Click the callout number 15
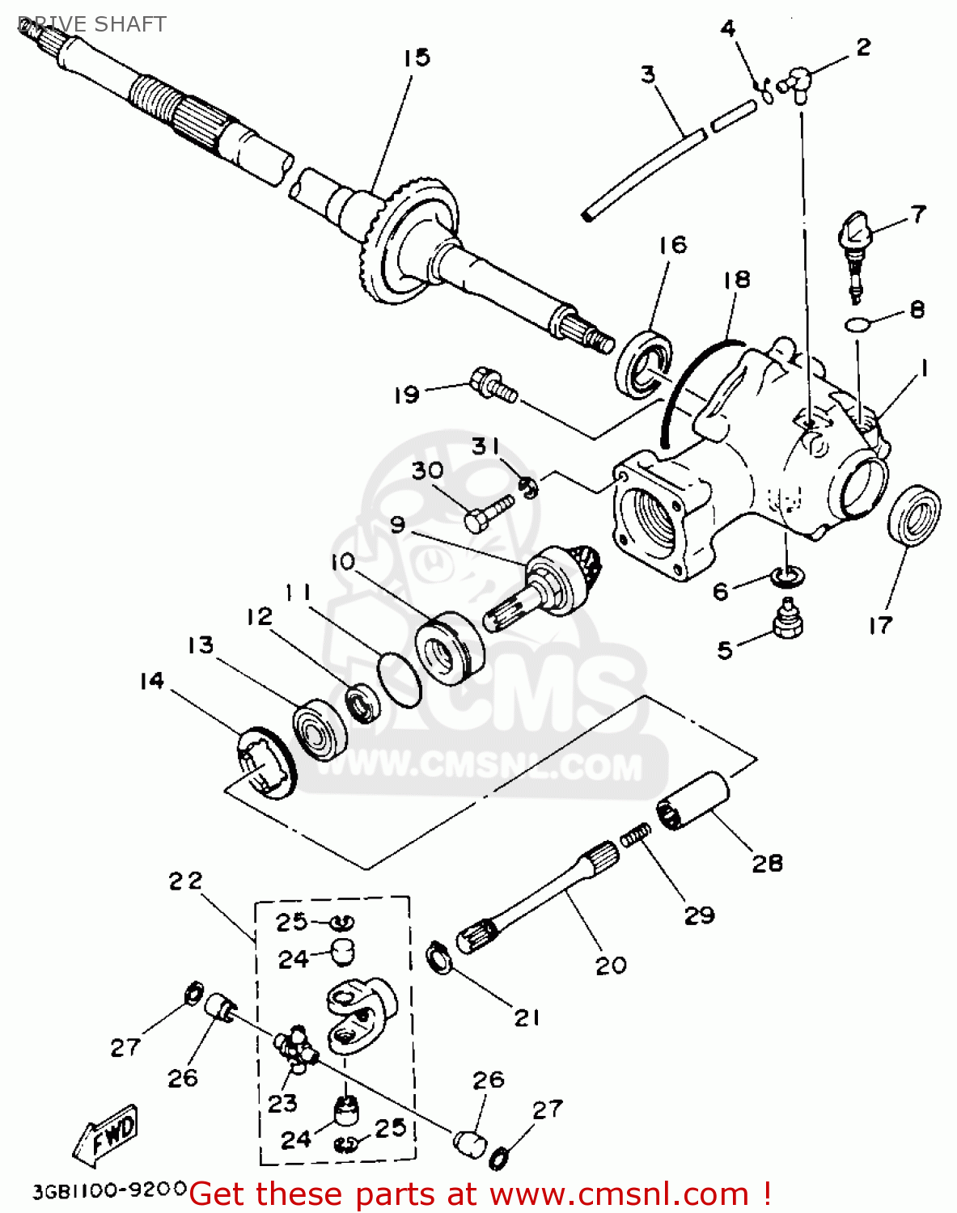417,58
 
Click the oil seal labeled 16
644,364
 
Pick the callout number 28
767,863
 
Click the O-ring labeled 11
400,679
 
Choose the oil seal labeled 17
915,515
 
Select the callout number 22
185,881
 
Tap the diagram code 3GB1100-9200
110,1190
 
